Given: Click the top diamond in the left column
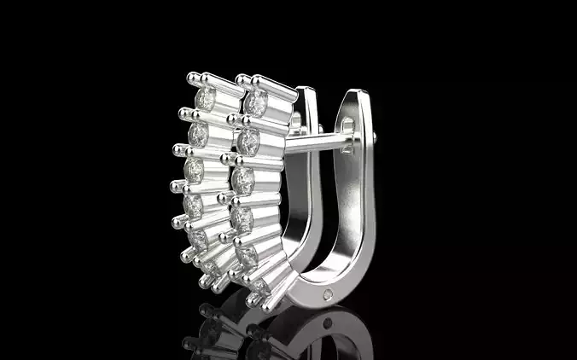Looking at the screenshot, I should [206, 100].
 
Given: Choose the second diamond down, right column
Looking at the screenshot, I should [248, 141].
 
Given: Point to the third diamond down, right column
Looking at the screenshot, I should [243, 180].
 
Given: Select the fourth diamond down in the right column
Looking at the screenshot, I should [242, 219].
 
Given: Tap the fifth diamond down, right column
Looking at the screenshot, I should [248, 254].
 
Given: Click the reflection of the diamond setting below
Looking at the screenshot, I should [222, 328].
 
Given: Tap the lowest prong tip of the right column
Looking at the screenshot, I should [254, 300].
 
